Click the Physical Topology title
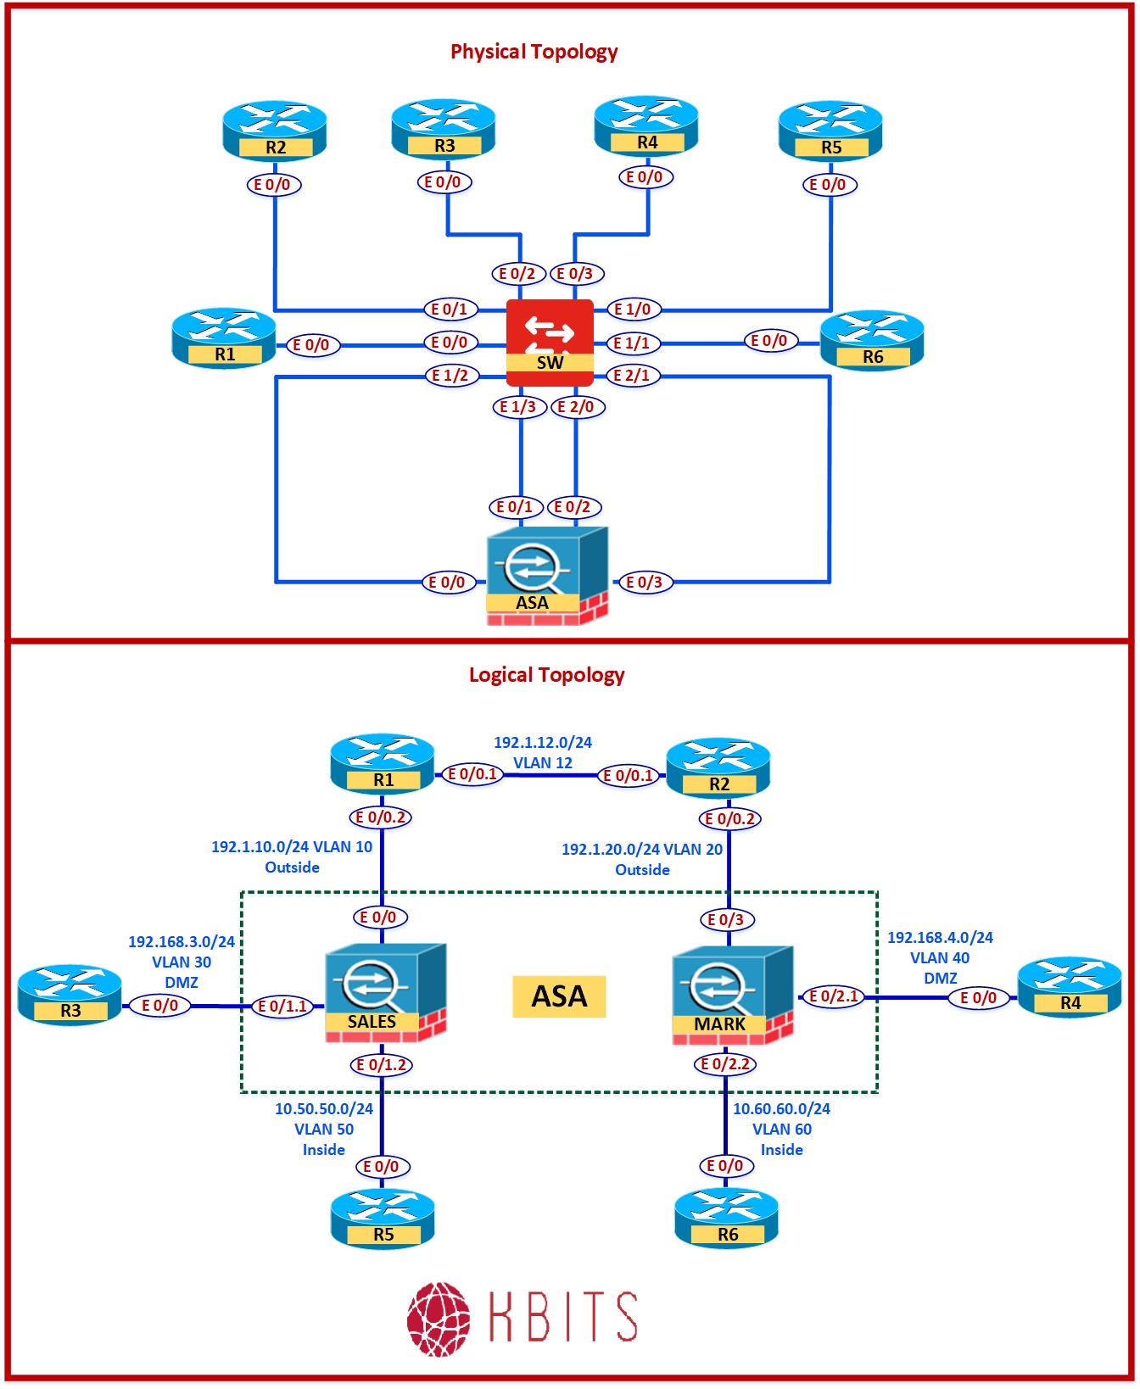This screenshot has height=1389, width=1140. pyautogui.click(x=534, y=52)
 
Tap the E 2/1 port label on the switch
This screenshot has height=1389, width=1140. pyautogui.click(x=631, y=375)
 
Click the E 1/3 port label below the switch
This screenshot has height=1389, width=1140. pyautogui.click(x=517, y=407)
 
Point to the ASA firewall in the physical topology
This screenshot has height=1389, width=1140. pyautogui.click(x=547, y=575)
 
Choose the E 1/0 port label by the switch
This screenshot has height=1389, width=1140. pyautogui.click(x=632, y=310)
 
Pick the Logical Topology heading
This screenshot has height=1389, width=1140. pyautogui.click(x=546, y=675)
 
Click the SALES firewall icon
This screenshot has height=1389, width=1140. pyautogui.click(x=385, y=992)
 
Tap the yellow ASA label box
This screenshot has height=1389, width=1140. pyautogui.click(x=559, y=996)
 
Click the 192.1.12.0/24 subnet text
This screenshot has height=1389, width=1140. pyautogui.click(x=543, y=743)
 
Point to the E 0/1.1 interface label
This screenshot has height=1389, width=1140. pyautogui.click(x=283, y=1007)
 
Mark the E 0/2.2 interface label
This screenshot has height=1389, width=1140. pyautogui.click(x=724, y=1064)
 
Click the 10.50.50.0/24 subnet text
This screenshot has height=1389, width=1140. pyautogui.click(x=324, y=1108)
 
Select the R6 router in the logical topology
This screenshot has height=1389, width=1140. pyautogui.click(x=726, y=1218)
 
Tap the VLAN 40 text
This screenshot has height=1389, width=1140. pyautogui.click(x=940, y=958)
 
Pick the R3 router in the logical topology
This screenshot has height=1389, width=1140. pyautogui.click(x=70, y=995)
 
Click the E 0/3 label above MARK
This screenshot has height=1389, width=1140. pyautogui.click(x=725, y=919)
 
